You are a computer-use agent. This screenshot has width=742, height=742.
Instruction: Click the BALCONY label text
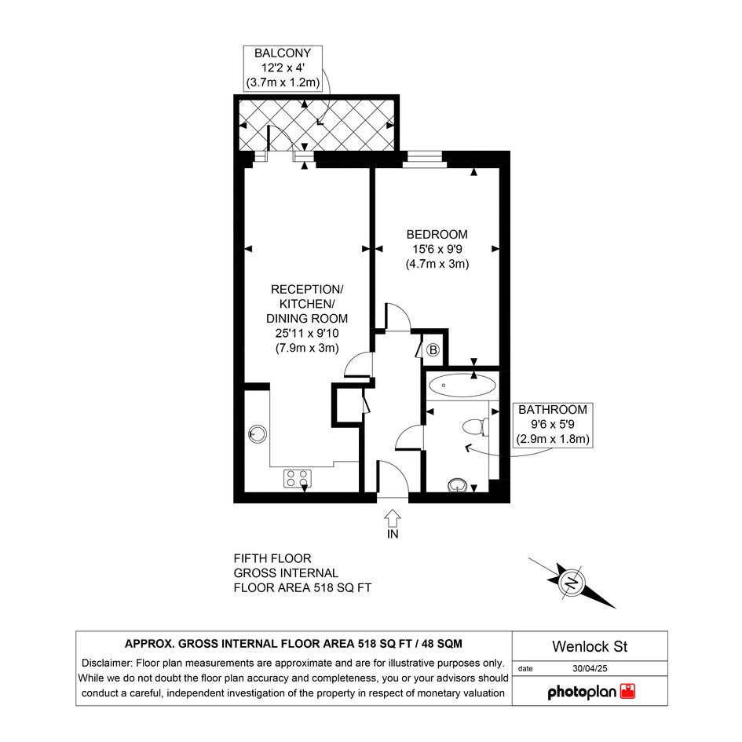pyautogui.click(x=283, y=53)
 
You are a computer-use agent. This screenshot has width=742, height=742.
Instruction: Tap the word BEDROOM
pyautogui.click(x=437, y=234)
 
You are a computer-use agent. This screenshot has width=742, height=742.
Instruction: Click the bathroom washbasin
pyautogui.click(x=457, y=485)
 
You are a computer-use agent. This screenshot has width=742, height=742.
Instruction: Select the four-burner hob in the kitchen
pyautogui.click(x=298, y=478)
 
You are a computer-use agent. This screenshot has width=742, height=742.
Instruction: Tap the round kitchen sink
pyautogui.click(x=258, y=433)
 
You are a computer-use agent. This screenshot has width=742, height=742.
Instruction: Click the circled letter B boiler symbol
pyautogui.click(x=433, y=350)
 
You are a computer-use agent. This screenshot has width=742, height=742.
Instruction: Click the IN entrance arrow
pyautogui.click(x=393, y=518)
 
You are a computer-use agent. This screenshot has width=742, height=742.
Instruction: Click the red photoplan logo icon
pyautogui.click(x=628, y=692)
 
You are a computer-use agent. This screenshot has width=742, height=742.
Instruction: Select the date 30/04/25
pyautogui.click(x=590, y=669)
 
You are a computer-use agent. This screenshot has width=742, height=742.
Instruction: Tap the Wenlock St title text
pyautogui.click(x=590, y=646)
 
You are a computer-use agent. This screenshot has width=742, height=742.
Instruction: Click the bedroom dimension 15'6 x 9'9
pyautogui.click(x=437, y=249)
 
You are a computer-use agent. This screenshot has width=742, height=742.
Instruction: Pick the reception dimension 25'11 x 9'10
pyautogui.click(x=307, y=333)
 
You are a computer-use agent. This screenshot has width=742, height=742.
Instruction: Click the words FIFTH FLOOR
pyautogui.click(x=272, y=558)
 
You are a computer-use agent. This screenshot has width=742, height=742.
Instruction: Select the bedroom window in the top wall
pyautogui.click(x=425, y=159)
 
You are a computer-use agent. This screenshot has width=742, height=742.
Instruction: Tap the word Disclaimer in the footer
pyautogui.click(x=107, y=663)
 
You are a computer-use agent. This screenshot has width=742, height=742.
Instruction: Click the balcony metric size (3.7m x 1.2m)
pyautogui.click(x=283, y=82)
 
